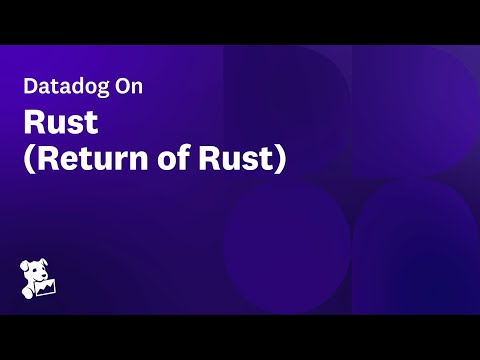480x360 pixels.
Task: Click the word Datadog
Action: point(64,86)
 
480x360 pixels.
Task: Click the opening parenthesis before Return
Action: point(30,160)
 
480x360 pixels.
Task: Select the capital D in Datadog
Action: point(30,86)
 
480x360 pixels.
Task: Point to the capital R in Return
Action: point(46,159)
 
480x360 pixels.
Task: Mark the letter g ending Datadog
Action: point(97,88)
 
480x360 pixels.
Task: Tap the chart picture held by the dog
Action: point(46,289)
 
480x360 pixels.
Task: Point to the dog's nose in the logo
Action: point(41,276)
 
